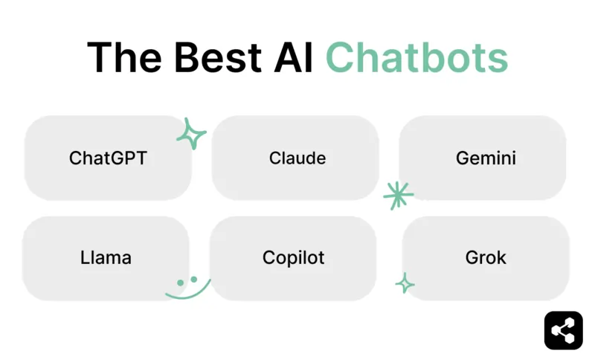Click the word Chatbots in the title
[x=416, y=57]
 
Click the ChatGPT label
[x=108, y=158]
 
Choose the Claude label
[x=297, y=158]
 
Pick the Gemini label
[x=486, y=158]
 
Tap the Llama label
[x=106, y=258]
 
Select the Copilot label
[x=294, y=258]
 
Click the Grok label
[x=486, y=258]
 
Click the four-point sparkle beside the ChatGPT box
[x=191, y=134]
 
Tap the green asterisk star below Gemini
[x=398, y=195]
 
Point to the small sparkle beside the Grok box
[x=405, y=283]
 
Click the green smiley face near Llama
[x=187, y=287]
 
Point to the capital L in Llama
[x=84, y=258]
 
